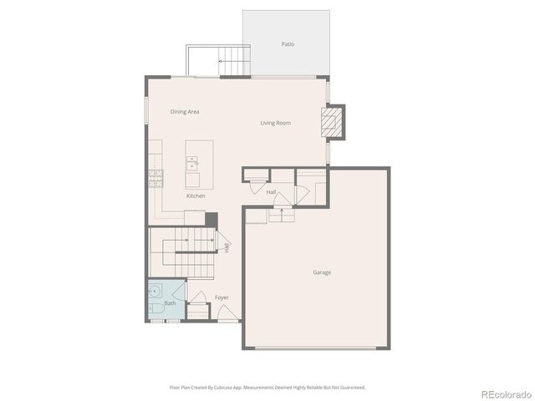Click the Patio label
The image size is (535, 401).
coord(288,44)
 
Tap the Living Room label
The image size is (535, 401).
coord(275,124)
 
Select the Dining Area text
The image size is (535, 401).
coord(185,111)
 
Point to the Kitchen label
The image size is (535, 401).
coord(196,196)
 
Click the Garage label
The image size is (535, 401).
coord(322,272)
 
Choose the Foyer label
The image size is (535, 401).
coord(222,297)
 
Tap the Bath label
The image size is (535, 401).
coord(170,303)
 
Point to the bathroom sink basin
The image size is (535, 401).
coord(154,293)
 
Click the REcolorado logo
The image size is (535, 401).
coord(505,393)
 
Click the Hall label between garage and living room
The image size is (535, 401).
coord(272,192)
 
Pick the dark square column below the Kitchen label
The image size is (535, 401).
coord(211,219)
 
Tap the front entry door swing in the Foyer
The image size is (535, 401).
coord(226,312)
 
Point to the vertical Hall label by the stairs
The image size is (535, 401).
coord(226,246)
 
